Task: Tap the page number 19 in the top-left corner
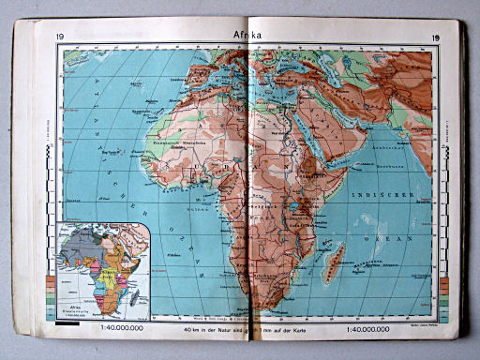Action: [x=60, y=38]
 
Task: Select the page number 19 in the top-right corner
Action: [x=435, y=38]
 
